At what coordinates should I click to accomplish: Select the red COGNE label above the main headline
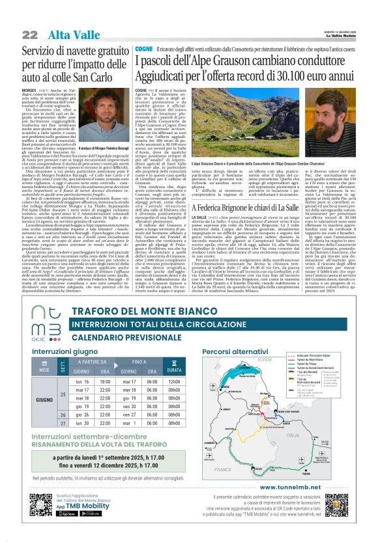[x=143, y=49]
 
